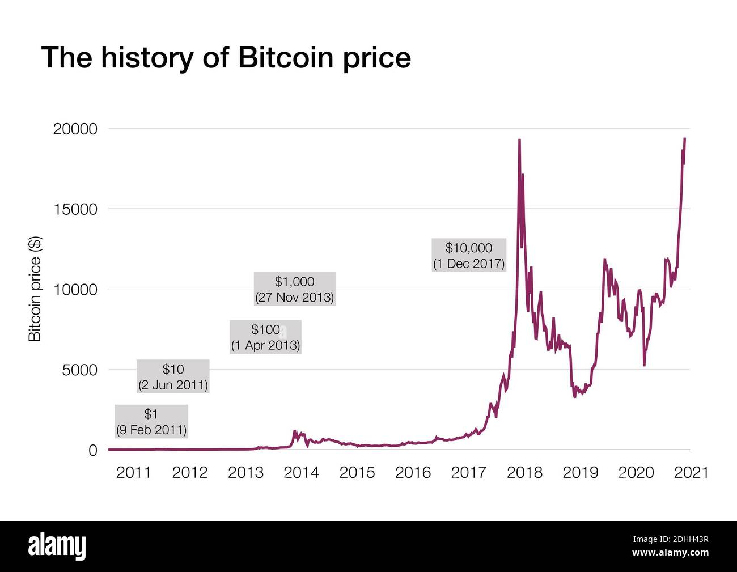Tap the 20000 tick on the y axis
75,129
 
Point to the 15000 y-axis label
75,209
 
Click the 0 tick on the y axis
93,450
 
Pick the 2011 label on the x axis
134,472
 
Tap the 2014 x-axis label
301,472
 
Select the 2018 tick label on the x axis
524,472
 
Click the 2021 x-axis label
691,472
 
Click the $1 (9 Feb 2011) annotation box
151,422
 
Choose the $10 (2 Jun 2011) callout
173,376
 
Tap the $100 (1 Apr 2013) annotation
265,337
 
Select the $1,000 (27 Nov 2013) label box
294,289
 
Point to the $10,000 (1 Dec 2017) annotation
468,255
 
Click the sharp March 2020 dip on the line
644,365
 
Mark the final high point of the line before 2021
685,139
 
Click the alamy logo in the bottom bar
57,546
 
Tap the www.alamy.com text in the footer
670,553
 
